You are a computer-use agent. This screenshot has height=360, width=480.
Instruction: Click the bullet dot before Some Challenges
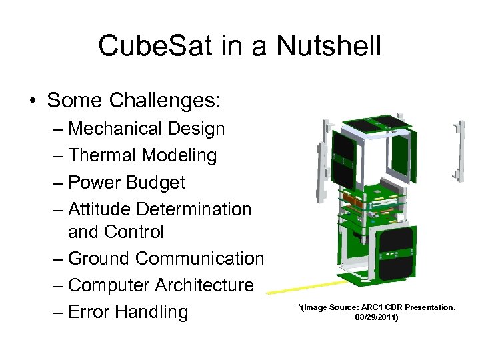[32, 101]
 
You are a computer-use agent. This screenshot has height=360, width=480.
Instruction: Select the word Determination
[194, 209]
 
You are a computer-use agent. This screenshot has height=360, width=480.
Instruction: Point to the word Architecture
[204, 285]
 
